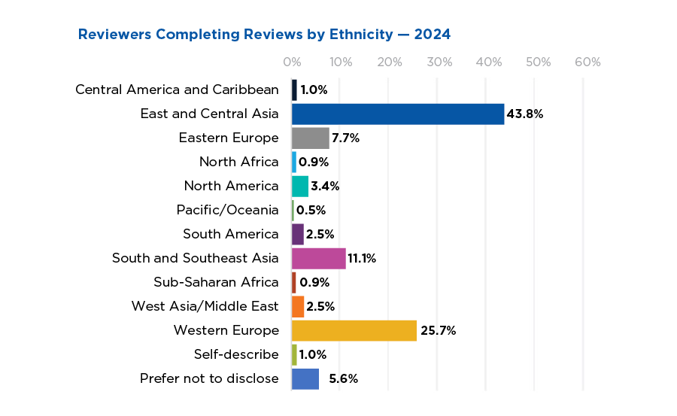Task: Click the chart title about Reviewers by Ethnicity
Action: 264,35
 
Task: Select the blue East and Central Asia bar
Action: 397,114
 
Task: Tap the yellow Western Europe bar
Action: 354,330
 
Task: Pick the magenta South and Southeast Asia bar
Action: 318,258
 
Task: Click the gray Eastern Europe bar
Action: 310,138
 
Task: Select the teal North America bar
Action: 299,186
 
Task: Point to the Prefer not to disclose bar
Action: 305,378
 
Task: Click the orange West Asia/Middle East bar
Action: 298,306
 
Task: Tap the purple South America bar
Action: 298,234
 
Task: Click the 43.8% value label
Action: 524,114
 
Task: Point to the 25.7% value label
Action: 438,330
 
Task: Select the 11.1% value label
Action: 362,258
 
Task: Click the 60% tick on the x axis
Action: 587,62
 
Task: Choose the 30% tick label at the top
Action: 439,62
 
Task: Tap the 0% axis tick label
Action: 292,62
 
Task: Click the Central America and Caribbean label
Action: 177,90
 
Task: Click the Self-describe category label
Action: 235,354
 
